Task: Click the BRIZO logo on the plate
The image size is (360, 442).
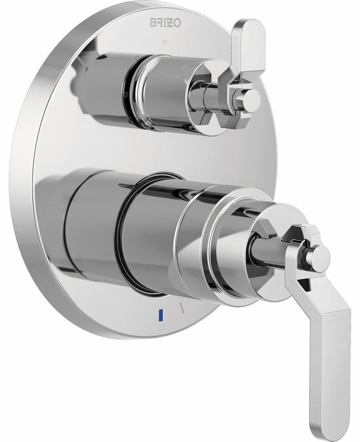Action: pos(163,22)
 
